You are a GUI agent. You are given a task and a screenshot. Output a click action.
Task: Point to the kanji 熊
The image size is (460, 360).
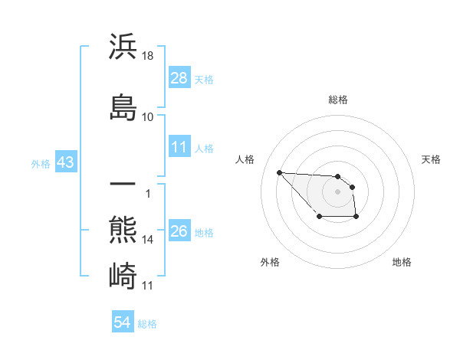123,230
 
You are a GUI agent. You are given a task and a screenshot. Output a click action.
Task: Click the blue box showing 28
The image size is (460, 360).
179,78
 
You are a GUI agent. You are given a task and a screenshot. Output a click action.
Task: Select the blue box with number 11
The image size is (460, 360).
179,148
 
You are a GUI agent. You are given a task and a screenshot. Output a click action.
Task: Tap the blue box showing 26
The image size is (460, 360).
179,232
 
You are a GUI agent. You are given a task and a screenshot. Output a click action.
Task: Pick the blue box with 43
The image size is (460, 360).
65,163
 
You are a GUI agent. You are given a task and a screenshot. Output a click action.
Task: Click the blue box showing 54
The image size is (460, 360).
123,323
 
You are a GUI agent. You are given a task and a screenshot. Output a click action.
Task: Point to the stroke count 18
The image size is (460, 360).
148,56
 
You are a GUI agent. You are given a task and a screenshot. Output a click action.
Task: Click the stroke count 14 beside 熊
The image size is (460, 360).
148,240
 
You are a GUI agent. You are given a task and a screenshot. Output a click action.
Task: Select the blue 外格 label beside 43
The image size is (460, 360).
41,164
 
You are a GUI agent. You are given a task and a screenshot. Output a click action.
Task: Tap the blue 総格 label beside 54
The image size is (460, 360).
147,324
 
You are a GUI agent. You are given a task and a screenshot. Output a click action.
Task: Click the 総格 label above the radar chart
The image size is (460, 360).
338,100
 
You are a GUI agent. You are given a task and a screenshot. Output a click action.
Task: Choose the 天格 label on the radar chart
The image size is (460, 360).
432,159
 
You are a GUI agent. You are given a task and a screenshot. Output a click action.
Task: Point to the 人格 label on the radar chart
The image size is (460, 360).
245,159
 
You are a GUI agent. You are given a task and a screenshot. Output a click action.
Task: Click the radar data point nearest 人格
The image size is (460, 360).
279,172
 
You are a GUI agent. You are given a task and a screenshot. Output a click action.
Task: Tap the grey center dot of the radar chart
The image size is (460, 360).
338,191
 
